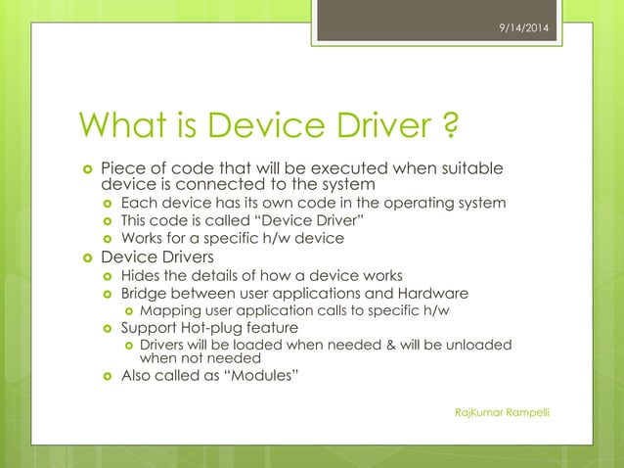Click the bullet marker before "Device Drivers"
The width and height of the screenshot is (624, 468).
pyautogui.click(x=87, y=257)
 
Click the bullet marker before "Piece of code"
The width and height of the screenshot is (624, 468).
pyautogui.click(x=87, y=169)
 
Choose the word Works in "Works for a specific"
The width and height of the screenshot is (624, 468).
pyautogui.click(x=143, y=238)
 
